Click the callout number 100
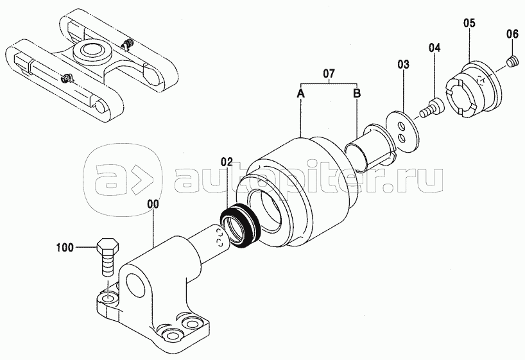tap(65, 248)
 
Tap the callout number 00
tap(155, 204)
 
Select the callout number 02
tap(227, 162)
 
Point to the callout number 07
tap(329, 73)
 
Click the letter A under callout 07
tap(300, 94)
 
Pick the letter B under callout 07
tap(357, 93)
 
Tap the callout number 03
tap(404, 64)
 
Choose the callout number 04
tap(435, 47)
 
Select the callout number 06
tap(512, 34)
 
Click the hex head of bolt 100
tap(107, 246)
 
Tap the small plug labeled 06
tap(512, 62)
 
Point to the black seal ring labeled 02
tap(240, 226)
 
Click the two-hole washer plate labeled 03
tap(402, 131)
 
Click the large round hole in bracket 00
tap(137, 284)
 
